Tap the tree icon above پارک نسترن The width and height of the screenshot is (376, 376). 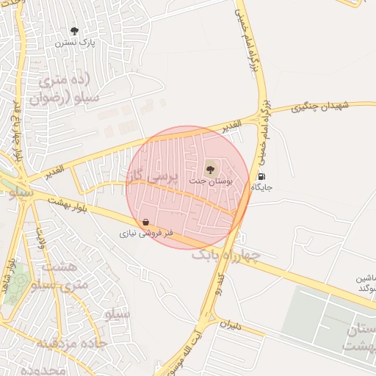click(x=74, y=31)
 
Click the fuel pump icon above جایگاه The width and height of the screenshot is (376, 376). click(x=261, y=177)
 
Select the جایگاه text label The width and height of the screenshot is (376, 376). click(x=262, y=187)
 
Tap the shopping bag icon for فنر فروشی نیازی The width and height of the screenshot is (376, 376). click(x=146, y=222)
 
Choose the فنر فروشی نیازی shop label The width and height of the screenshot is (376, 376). click(x=147, y=233)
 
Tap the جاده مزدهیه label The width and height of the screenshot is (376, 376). click(x=73, y=344)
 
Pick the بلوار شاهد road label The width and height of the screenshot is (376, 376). click(x=8, y=270)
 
